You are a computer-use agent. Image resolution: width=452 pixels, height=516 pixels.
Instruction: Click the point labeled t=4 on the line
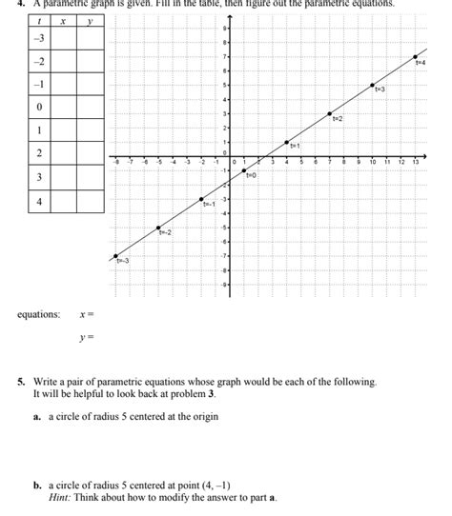pos(416,57)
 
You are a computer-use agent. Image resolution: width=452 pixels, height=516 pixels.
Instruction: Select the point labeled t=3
pos(373,86)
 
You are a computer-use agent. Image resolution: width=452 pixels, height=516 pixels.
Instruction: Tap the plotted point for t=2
pos(330,113)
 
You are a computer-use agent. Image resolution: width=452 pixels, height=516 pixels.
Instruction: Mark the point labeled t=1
pos(287,142)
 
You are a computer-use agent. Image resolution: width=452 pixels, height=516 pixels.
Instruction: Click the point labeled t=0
pos(244,170)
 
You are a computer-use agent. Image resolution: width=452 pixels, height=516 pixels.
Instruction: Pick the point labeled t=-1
pos(201,199)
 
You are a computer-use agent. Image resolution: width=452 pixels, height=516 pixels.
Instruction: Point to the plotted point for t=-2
pos(158,228)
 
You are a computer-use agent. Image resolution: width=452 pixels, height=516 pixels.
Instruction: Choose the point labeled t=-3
pos(115,256)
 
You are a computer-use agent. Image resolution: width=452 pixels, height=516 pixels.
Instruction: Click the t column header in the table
pos(39,20)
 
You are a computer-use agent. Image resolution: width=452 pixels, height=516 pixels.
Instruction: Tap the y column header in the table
pos(90,20)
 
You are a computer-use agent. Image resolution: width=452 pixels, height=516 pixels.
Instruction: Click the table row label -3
pos(39,38)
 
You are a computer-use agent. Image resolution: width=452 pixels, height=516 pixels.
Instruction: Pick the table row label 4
pos(39,202)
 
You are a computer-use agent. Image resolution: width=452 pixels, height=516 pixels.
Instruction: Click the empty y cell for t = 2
pos(90,154)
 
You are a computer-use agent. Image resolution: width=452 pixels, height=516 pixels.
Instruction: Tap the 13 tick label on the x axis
pos(416,163)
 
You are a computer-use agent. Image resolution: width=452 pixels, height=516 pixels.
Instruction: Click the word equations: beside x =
pos(38,313)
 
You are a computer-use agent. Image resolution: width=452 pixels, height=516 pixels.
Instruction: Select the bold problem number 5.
pos(20,382)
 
